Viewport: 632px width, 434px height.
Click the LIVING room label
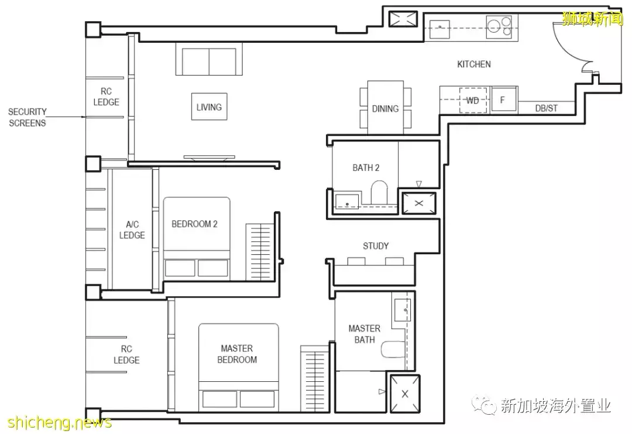[x=209, y=107]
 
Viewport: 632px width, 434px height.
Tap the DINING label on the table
[x=385, y=108]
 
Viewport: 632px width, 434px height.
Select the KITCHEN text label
[x=474, y=64]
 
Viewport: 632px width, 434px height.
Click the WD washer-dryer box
[x=473, y=100]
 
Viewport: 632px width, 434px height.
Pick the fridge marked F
[x=503, y=99]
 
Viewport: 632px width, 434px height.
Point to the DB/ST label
[x=546, y=108]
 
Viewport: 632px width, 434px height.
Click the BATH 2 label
[x=366, y=168]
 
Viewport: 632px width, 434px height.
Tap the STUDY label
[x=376, y=245]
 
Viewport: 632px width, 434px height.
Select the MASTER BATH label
[x=365, y=334]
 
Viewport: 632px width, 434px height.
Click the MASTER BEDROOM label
[x=237, y=354]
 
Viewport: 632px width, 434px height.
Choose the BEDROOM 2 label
[x=194, y=224]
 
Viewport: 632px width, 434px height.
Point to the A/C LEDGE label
[x=132, y=230]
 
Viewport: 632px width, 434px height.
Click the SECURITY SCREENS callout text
[x=28, y=117]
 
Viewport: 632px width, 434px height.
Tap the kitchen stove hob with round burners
[x=499, y=26]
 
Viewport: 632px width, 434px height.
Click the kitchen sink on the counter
[x=439, y=29]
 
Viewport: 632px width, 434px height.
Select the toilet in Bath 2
[x=379, y=192]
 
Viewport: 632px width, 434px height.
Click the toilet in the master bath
[x=393, y=350]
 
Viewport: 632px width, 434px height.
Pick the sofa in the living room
[x=209, y=59]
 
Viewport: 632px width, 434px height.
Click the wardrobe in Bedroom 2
[x=260, y=252]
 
